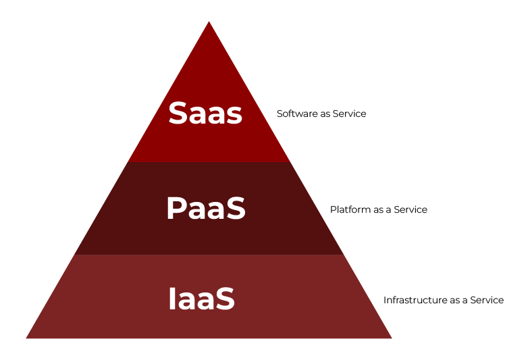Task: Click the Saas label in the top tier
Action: [x=205, y=113]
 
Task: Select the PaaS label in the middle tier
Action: [x=206, y=209]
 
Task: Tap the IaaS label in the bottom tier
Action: [x=201, y=299]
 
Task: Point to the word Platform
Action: [x=350, y=209]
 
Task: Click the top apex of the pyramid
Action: [x=209, y=22]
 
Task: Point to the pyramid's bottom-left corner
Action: [x=26, y=338]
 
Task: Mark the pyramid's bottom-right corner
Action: [x=392, y=338]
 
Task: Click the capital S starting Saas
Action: [x=178, y=113]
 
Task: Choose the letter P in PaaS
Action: [x=176, y=209]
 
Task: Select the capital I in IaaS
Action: [x=171, y=299]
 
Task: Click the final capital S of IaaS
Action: [x=225, y=299]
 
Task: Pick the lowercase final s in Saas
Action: [x=233, y=115]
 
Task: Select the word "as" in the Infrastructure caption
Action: [x=450, y=301]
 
